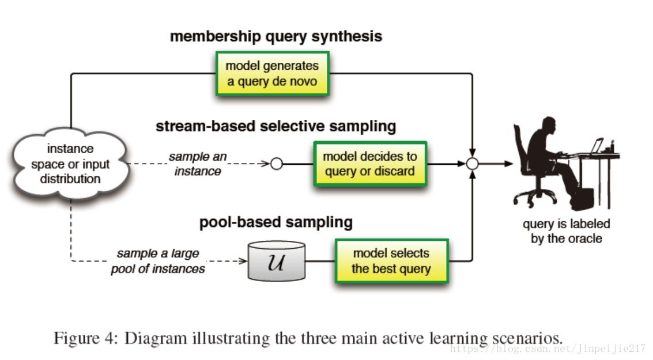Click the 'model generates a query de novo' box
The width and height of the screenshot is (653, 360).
point(272,73)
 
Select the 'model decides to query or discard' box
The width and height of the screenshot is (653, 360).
point(370,164)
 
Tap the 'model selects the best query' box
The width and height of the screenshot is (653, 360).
point(391,260)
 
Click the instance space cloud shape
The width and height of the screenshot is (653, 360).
point(70,164)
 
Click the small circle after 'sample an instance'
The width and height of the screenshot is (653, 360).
point(277,164)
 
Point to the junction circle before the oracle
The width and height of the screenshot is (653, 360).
point(473,164)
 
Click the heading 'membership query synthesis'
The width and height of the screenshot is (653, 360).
point(276,36)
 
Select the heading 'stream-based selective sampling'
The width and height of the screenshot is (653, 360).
point(275,126)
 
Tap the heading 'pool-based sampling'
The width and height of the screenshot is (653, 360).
point(276,222)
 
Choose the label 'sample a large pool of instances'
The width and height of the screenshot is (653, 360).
point(158,261)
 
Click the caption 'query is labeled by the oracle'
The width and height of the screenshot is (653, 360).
point(566,231)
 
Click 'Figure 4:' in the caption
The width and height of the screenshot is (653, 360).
point(86,337)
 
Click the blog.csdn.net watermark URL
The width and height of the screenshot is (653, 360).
point(548,348)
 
